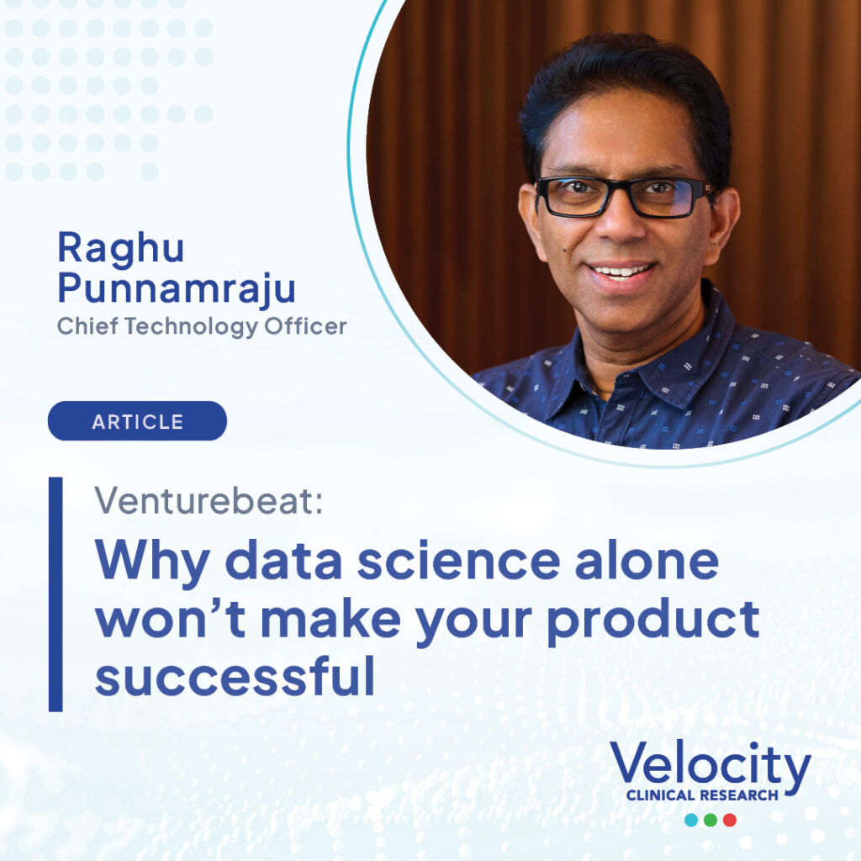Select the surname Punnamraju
pyautogui.click(x=177, y=288)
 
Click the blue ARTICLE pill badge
pyautogui.click(x=137, y=421)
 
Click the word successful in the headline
pyautogui.click(x=235, y=676)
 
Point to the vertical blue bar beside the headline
pyautogui.click(x=55, y=594)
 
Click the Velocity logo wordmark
pyautogui.click(x=710, y=764)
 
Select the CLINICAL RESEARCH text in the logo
pyautogui.click(x=702, y=795)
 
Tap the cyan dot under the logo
pyautogui.click(x=691, y=820)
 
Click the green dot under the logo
pyautogui.click(x=710, y=820)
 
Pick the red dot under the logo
pyautogui.click(x=730, y=820)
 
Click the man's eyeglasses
pyautogui.click(x=625, y=197)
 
